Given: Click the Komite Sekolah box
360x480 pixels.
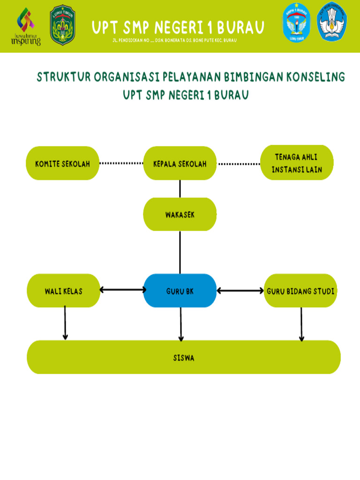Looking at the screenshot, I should [62, 164].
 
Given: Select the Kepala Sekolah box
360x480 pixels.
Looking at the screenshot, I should [180, 164].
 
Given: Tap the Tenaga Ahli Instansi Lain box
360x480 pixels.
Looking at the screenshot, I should [297, 163].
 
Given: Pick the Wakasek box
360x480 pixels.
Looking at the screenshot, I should [180, 214].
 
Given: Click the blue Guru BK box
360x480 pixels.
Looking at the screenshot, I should [180, 291].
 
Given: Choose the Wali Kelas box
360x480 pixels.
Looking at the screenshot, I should [63, 291].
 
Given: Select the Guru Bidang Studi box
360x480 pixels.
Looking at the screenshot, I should [300, 291].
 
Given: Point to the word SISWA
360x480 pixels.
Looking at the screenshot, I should [183, 358].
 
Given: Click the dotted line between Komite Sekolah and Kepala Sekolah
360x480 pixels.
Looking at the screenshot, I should [121, 164].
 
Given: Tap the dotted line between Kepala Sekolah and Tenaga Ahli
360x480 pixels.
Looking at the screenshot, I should [239, 164].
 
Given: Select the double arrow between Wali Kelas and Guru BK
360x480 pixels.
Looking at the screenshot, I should [123, 290].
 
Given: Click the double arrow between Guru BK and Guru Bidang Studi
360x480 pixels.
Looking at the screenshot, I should [240, 291].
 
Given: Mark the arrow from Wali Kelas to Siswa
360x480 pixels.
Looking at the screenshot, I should [65, 322].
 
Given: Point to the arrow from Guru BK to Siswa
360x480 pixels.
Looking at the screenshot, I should [181, 323].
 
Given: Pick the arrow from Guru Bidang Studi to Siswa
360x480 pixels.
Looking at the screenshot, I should [301, 323].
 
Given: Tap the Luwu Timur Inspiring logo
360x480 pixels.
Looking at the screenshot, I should [26, 27].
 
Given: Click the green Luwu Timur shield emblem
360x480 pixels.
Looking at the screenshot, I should [63, 25].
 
